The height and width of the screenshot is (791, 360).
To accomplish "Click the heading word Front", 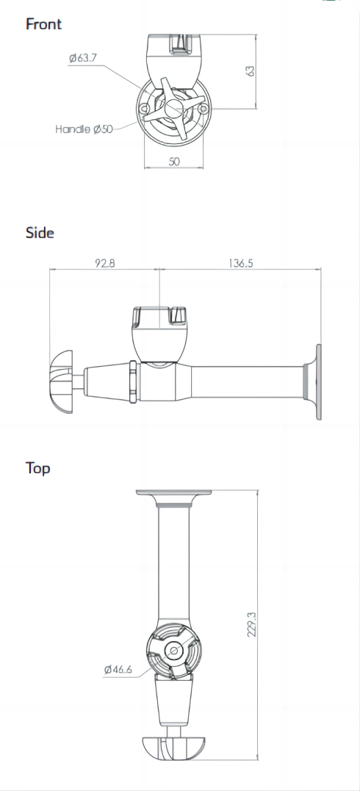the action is pos(43,24).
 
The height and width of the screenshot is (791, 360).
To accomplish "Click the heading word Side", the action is pos(40,232).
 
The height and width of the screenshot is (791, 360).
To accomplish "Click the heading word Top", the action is pos(37,468).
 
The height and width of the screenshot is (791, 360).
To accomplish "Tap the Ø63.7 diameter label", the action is pos(83,57).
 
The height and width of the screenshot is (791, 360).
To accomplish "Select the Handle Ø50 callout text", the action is pos(84,129).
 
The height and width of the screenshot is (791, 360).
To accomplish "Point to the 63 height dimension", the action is pos(250,71).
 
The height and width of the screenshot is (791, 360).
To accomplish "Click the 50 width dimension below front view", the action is pos(174,162).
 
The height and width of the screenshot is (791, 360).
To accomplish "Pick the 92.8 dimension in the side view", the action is pos(105,263).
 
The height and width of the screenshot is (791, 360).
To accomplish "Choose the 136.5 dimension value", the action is pos(240,263).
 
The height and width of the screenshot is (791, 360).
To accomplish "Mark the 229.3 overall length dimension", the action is pos(251,625).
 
